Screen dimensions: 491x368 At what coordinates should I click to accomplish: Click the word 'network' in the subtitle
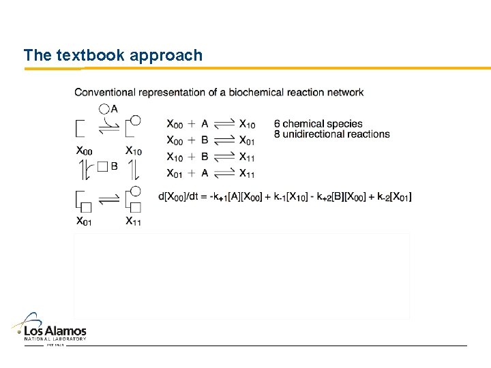[x=344, y=93]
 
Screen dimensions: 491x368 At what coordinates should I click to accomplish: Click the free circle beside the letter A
[x=104, y=108]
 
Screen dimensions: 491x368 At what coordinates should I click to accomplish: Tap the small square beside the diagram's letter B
[x=103, y=166]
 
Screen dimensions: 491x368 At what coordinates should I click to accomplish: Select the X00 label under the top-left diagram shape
[x=85, y=151]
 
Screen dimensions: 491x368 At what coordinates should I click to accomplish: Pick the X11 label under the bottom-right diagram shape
[x=134, y=221]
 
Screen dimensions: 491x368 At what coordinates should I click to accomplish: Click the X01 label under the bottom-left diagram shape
[x=85, y=221]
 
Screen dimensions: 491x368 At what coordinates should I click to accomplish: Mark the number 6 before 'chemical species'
[x=277, y=124]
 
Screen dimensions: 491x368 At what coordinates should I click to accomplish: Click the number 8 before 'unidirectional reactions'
[x=277, y=134]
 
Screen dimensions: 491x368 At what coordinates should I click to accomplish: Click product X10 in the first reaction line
[x=248, y=124]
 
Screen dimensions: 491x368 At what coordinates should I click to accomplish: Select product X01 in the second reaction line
[x=248, y=140]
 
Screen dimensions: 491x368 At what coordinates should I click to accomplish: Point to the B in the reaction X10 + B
[x=205, y=157]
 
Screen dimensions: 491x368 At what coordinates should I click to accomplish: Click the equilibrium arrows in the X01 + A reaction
[x=224, y=173]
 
